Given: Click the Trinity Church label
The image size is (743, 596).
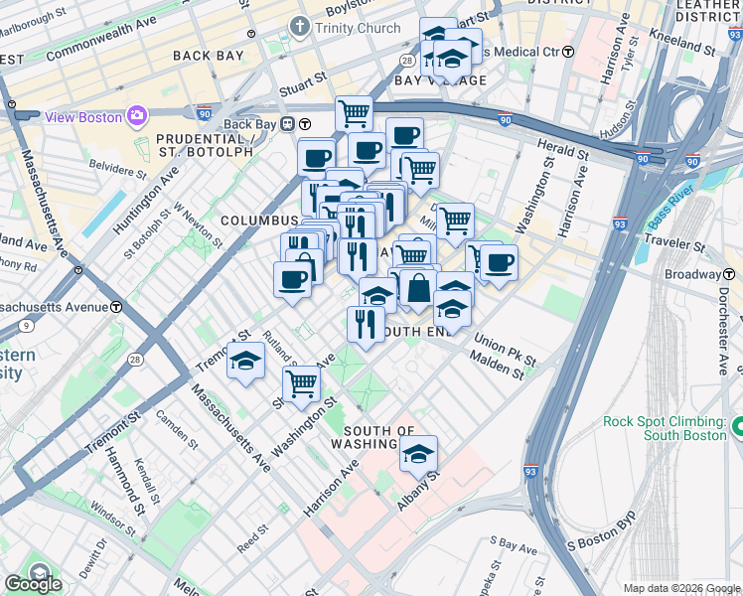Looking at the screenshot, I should tap(358, 28).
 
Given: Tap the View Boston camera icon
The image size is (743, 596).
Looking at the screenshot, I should tap(135, 116).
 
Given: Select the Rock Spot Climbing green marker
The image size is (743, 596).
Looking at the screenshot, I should tap(737, 427).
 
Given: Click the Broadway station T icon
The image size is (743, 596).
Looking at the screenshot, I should tap(727, 274).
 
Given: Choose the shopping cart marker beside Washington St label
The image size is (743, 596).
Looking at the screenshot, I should tap(300, 383).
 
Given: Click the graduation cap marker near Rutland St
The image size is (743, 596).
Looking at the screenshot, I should tap(244, 362).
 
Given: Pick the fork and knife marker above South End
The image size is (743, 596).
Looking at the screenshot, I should tap(366, 324).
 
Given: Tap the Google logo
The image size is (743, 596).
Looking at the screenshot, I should tap(33, 583).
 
